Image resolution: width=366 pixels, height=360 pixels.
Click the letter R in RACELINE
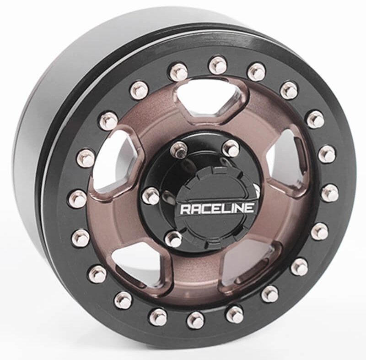(185, 209)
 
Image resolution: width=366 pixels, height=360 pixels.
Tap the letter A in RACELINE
(194, 209)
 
